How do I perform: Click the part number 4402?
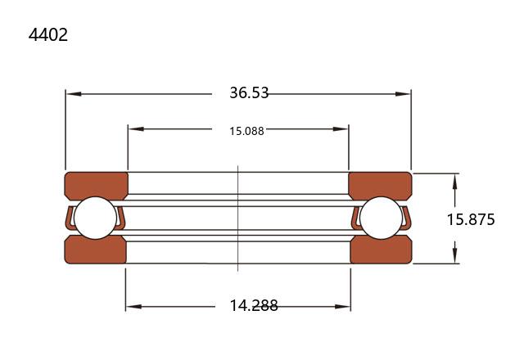48,34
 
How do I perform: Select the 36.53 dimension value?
249,92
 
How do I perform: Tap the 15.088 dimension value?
246,131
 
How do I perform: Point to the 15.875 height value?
471,220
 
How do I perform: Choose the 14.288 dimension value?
254,305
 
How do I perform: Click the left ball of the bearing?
95,218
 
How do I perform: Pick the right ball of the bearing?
382,218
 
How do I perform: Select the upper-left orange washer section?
97,186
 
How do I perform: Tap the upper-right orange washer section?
380,186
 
